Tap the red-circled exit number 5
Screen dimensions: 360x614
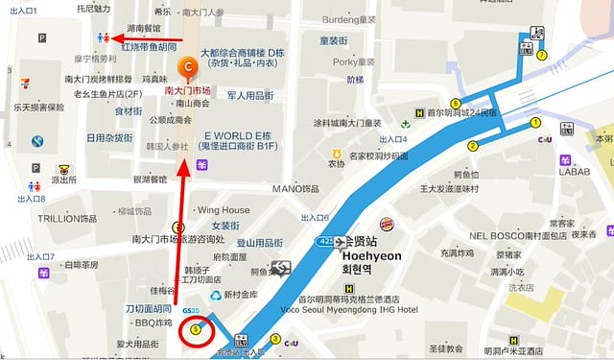pos(197,329)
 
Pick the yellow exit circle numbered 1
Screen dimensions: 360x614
pos(535,122)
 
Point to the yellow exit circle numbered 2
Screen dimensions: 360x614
pos(472,146)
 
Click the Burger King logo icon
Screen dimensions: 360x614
pos(386,225)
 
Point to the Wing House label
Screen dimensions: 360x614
pos(223,210)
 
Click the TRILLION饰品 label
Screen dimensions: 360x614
pos(67,219)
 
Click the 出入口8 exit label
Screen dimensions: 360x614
pos(32,199)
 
